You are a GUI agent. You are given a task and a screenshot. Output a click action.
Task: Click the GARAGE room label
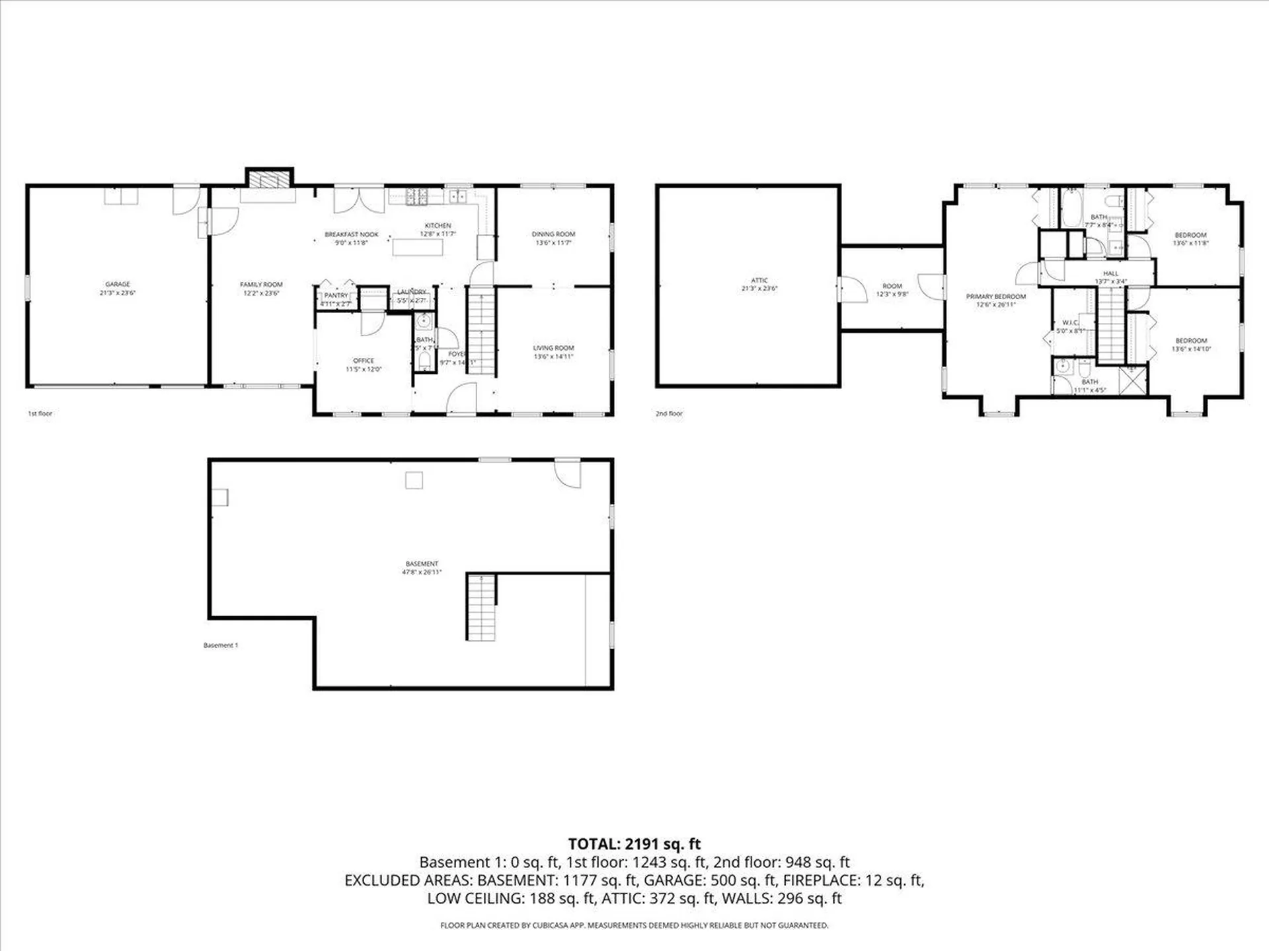point(118,285)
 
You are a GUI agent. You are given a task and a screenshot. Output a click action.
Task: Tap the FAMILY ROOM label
point(261,285)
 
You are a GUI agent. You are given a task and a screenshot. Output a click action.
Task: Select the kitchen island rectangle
point(418,247)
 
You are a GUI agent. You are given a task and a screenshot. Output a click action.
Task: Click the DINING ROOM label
point(553,234)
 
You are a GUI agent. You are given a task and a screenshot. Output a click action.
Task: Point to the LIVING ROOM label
point(553,348)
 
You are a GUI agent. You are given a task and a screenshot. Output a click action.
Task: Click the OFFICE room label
point(364,361)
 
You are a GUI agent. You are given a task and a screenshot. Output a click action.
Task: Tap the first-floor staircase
point(481,330)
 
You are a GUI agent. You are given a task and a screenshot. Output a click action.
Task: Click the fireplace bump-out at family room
point(269,179)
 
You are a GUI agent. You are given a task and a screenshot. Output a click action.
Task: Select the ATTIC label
point(759,281)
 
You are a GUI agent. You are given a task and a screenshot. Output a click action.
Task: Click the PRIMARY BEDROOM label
point(995,297)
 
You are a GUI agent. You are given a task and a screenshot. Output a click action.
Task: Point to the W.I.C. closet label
point(1070,323)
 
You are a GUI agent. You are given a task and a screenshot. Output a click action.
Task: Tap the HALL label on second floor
point(1110,273)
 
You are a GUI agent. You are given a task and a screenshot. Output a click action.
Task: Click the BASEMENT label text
point(422,564)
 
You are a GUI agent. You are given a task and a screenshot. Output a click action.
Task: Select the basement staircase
point(481,608)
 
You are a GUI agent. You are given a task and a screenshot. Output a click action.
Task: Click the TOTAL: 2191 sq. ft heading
point(634,844)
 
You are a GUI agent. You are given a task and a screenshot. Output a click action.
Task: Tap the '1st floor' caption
point(40,413)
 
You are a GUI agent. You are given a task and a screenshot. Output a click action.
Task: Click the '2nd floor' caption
point(669,413)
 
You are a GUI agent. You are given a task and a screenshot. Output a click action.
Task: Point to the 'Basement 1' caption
point(220,645)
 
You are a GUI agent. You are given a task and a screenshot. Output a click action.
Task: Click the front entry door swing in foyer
point(462,400)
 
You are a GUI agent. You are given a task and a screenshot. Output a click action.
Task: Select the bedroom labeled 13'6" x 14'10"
point(1191,345)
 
